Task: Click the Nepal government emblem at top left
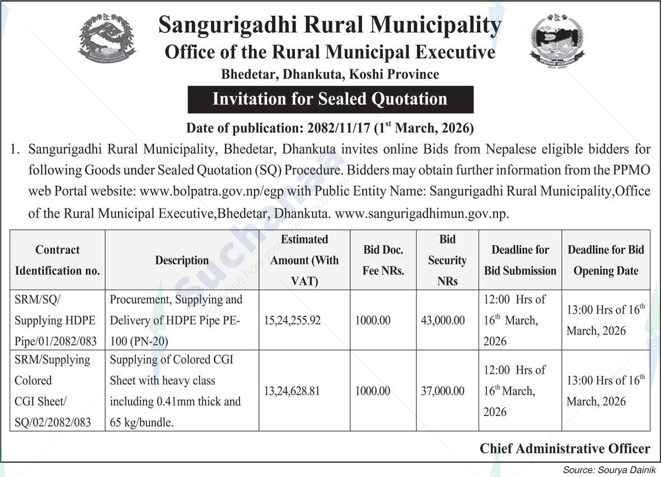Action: (x=107, y=37)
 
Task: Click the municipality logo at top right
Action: (x=556, y=40)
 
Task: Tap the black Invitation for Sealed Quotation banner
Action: (x=330, y=100)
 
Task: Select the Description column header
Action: (x=182, y=260)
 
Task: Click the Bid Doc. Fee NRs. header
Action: (x=383, y=260)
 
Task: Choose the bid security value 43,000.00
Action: (x=443, y=320)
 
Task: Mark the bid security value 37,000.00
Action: (x=443, y=391)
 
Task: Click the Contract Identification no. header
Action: (x=58, y=260)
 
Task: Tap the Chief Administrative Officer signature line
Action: (x=565, y=448)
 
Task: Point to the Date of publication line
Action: (x=330, y=128)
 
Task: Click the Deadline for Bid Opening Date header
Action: (x=606, y=260)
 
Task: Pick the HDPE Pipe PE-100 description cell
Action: (x=176, y=320)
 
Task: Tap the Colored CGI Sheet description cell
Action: (x=175, y=391)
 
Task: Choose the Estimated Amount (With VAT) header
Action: (x=304, y=260)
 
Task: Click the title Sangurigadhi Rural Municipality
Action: (x=330, y=26)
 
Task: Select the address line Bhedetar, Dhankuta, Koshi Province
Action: (x=330, y=74)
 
